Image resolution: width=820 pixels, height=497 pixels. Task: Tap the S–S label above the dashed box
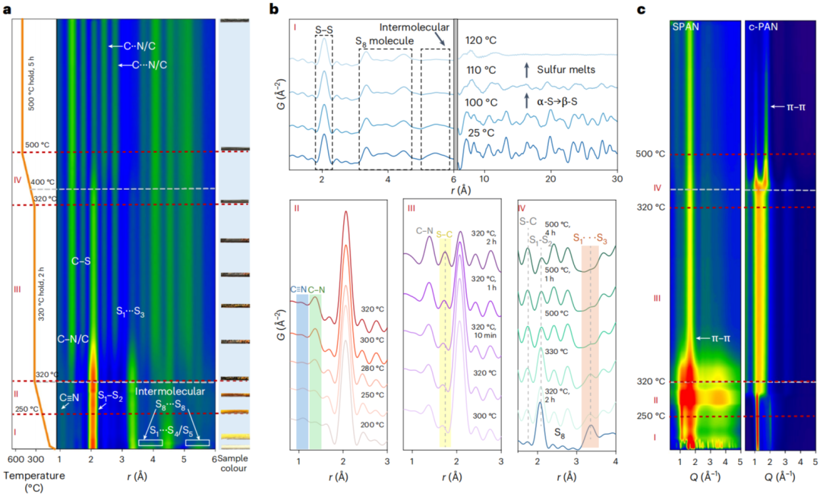pos(324,30)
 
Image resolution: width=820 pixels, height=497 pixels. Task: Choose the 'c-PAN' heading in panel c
pos(763,27)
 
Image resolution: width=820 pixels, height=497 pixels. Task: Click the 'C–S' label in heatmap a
pos(82,261)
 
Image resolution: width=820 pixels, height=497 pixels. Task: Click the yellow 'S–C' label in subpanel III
pos(444,235)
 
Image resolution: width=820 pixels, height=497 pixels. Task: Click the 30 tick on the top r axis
pos(617,179)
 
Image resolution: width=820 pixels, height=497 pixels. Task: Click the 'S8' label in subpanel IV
pos(557,434)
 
